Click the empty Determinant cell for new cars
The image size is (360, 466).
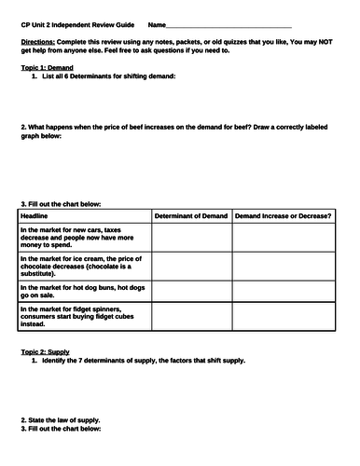[x=192, y=238]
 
